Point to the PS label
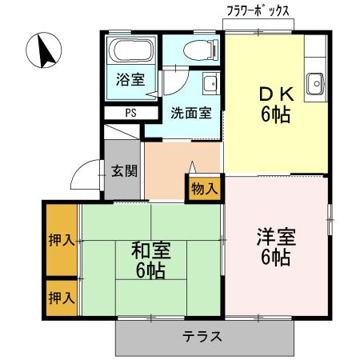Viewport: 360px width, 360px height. click(x=130, y=112)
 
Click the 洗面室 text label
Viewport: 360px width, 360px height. click(x=191, y=112)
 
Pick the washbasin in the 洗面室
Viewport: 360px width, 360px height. click(x=211, y=83)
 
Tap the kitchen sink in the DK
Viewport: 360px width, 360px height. click(x=315, y=81)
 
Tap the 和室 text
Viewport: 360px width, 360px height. click(x=149, y=251)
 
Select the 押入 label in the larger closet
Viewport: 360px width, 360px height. click(x=61, y=239)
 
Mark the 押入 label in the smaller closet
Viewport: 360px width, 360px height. click(x=61, y=298)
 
